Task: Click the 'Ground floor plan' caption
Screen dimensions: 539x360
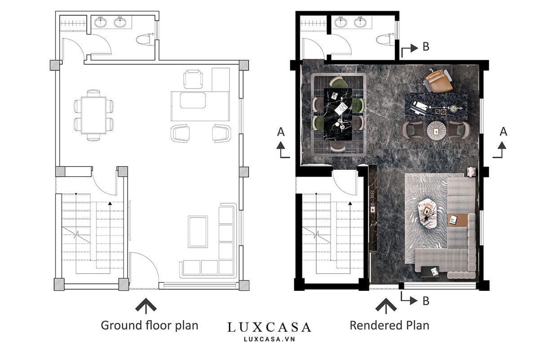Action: (150, 326)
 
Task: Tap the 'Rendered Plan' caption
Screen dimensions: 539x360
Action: (389, 325)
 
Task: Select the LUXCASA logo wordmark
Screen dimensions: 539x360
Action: (269, 327)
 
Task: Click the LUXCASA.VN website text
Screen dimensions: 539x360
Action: (269, 339)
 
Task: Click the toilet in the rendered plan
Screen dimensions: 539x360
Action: (386, 40)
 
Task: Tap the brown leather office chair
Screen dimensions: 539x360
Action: (437, 80)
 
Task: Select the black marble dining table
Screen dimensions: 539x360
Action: (338, 114)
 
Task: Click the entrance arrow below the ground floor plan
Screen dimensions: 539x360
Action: (146, 306)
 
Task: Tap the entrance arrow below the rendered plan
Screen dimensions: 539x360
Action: (386, 306)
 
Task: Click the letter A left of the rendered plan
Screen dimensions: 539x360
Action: (281, 132)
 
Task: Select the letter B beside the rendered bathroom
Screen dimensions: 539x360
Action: (426, 47)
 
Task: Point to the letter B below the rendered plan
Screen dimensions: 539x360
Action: (426, 301)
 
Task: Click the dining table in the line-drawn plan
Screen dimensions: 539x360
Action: (93, 115)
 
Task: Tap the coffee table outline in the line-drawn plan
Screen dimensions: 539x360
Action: (198, 231)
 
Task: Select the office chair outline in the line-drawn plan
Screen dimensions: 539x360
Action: (193, 79)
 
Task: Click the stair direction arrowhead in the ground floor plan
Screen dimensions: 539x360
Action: (110, 204)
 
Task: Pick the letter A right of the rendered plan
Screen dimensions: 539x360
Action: (504, 132)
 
